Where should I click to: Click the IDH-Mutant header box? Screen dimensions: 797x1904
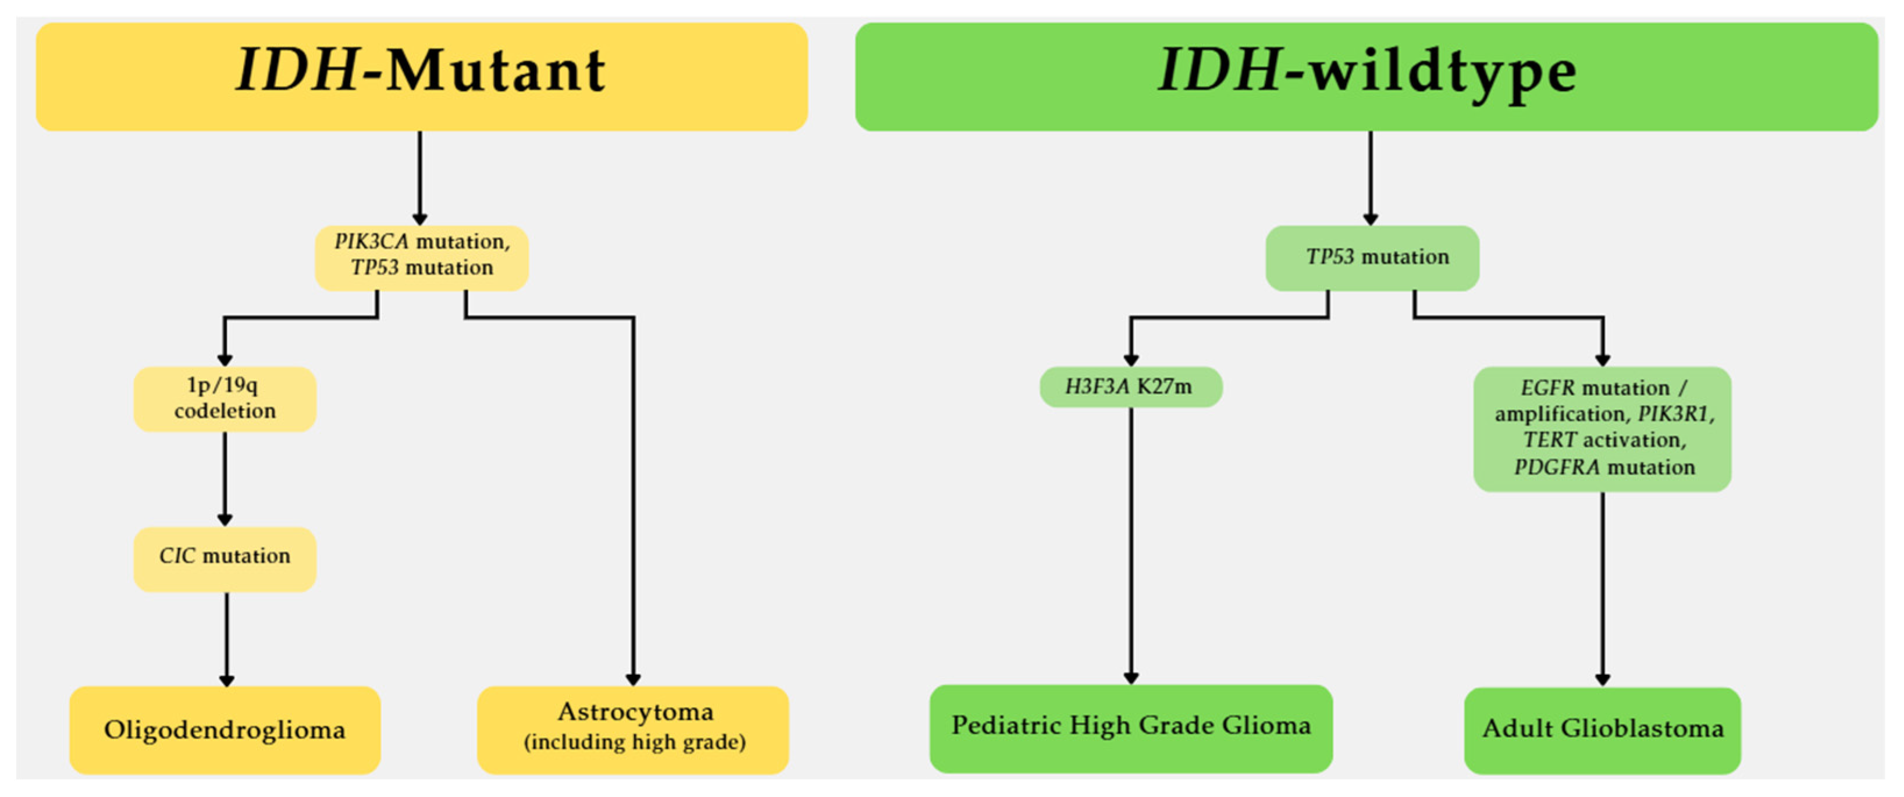pos(421,77)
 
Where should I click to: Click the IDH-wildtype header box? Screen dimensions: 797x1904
pos(1366,77)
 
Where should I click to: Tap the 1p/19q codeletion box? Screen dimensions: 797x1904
pos(225,399)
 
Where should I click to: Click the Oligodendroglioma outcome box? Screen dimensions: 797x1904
pos(225,730)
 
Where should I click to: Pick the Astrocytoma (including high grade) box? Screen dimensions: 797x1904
pos(634,730)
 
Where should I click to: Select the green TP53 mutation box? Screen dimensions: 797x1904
pos(1372,258)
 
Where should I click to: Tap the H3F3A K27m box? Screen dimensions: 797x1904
pos(1130,387)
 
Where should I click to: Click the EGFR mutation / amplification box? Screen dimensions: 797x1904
pos(1602,428)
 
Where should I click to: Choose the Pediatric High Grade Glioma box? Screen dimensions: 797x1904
pos(1130,728)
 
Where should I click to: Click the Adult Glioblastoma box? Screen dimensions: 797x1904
pos(1602,730)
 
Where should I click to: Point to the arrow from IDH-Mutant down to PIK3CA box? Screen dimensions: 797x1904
pos(420,177)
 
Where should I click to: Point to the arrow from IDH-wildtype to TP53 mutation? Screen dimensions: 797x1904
pos(1371,177)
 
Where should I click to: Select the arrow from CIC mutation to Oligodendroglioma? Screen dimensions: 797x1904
pos(227,638)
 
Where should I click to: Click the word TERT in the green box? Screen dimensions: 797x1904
pos(1549,440)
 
